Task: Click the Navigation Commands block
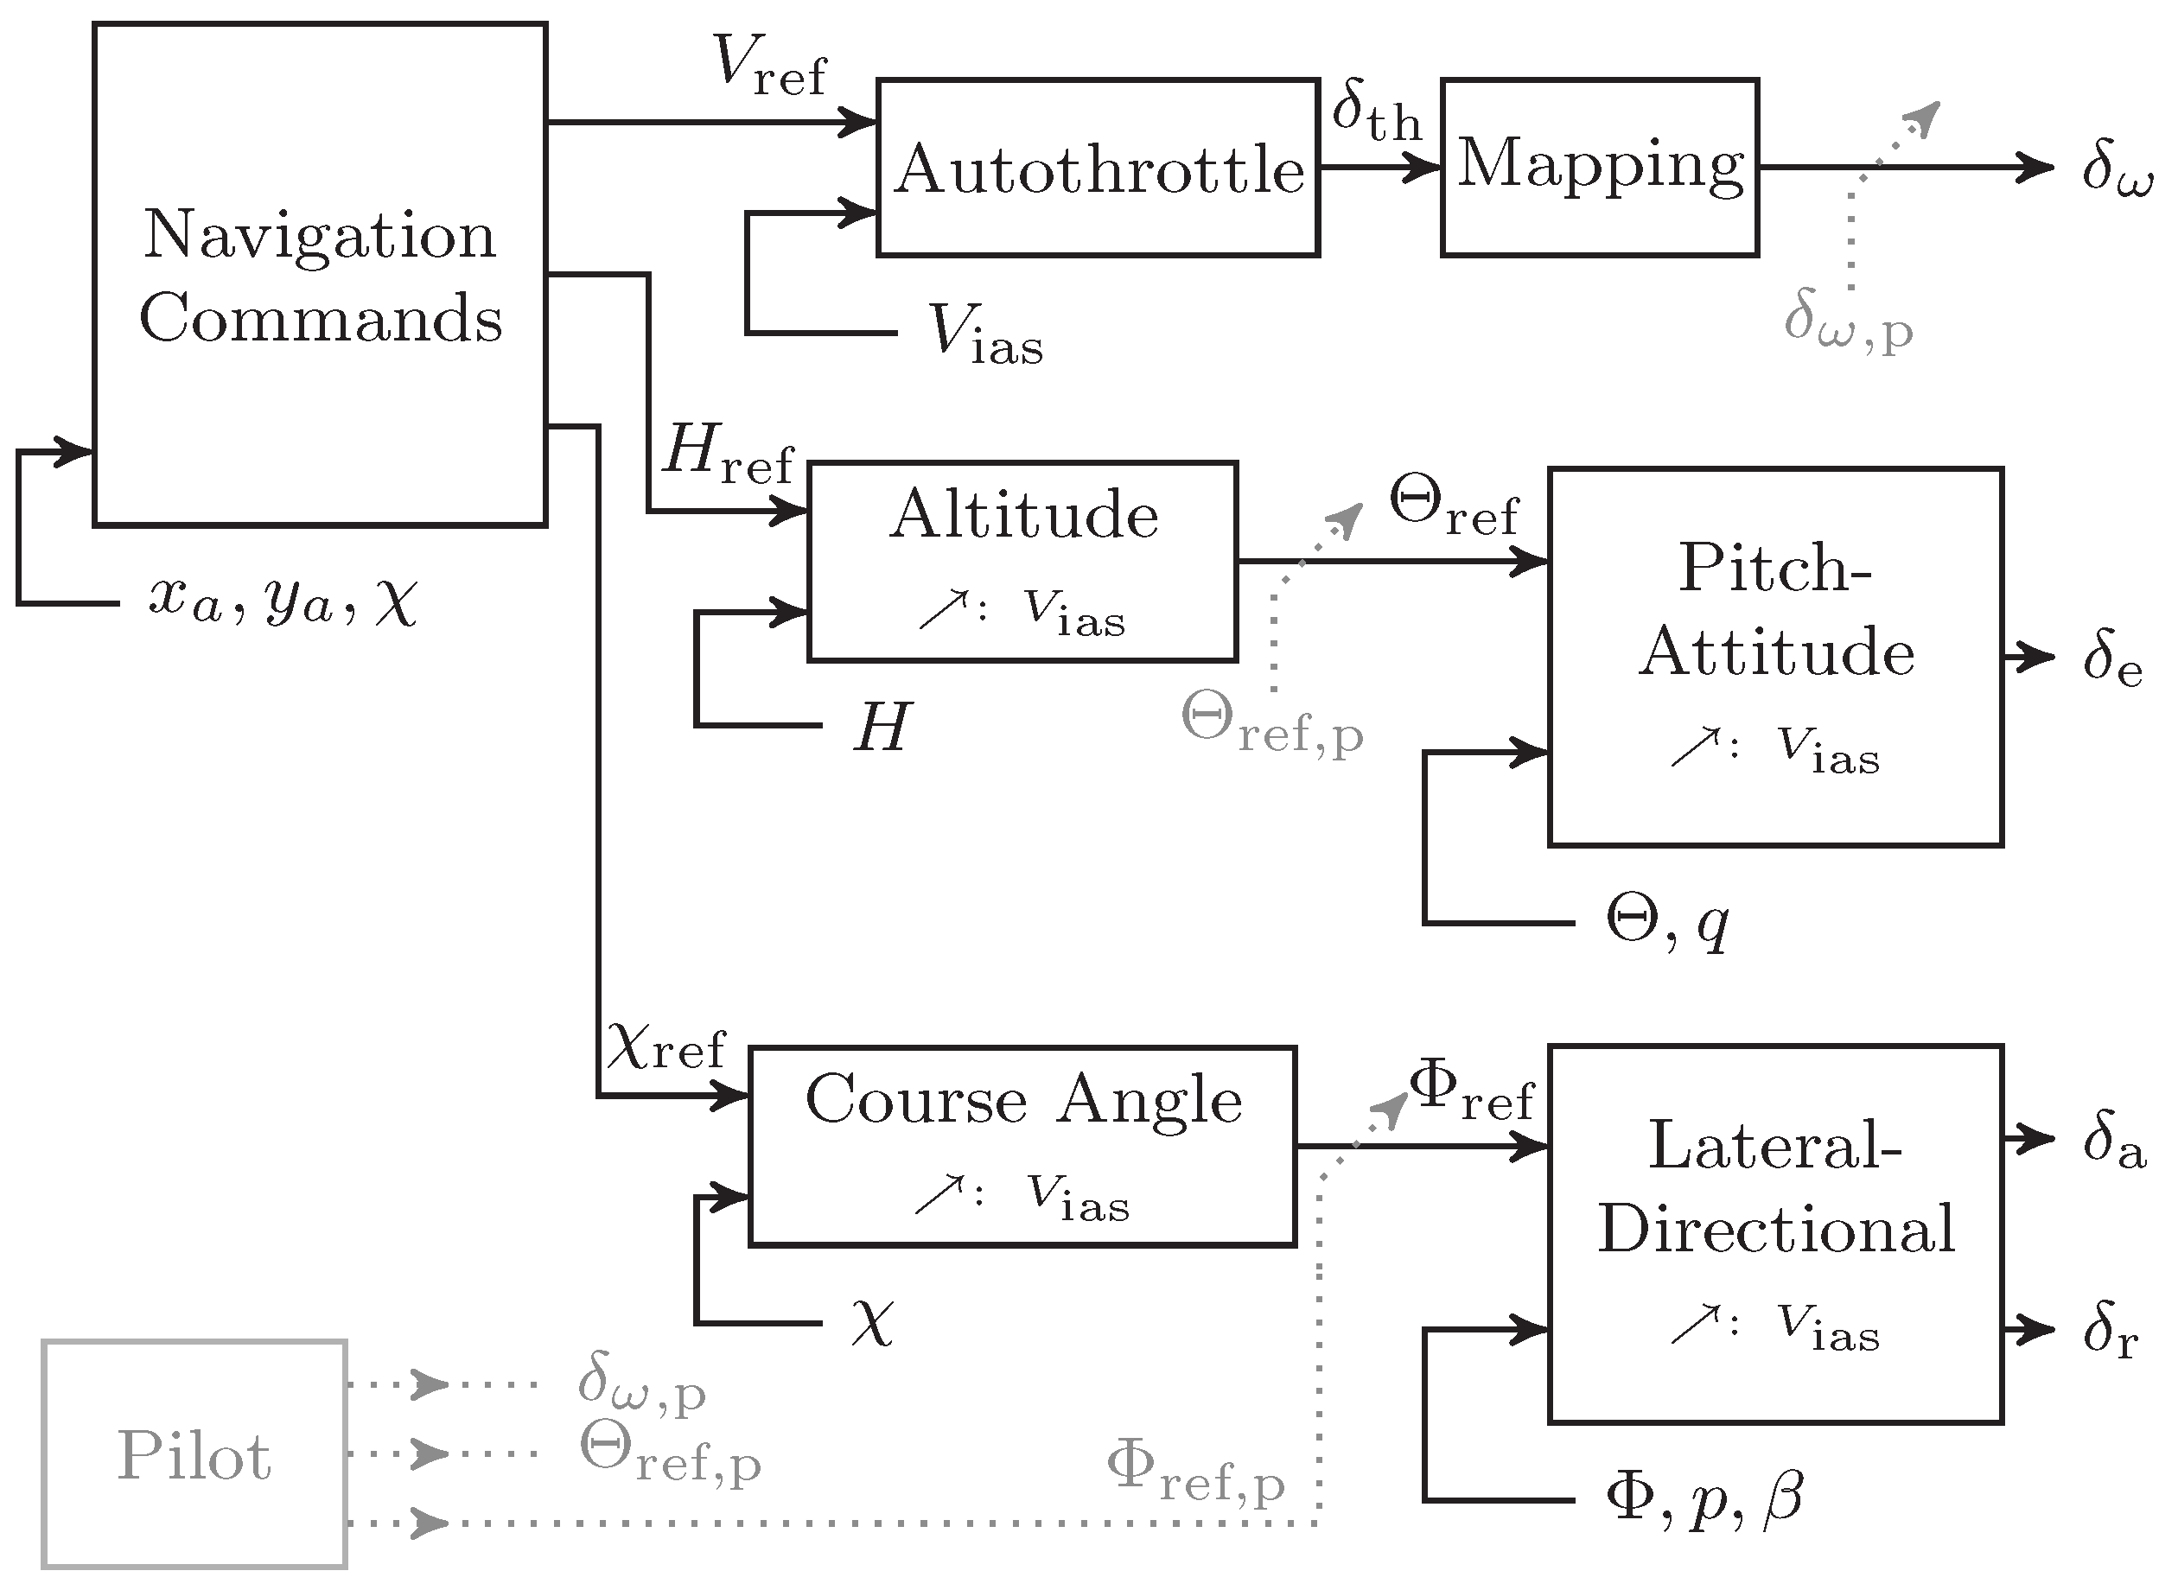[x=320, y=274]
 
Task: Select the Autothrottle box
[x=1097, y=169]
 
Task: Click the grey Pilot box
[x=194, y=1454]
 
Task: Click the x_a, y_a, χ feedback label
[x=283, y=602]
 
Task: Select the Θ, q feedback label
[x=1667, y=922]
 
